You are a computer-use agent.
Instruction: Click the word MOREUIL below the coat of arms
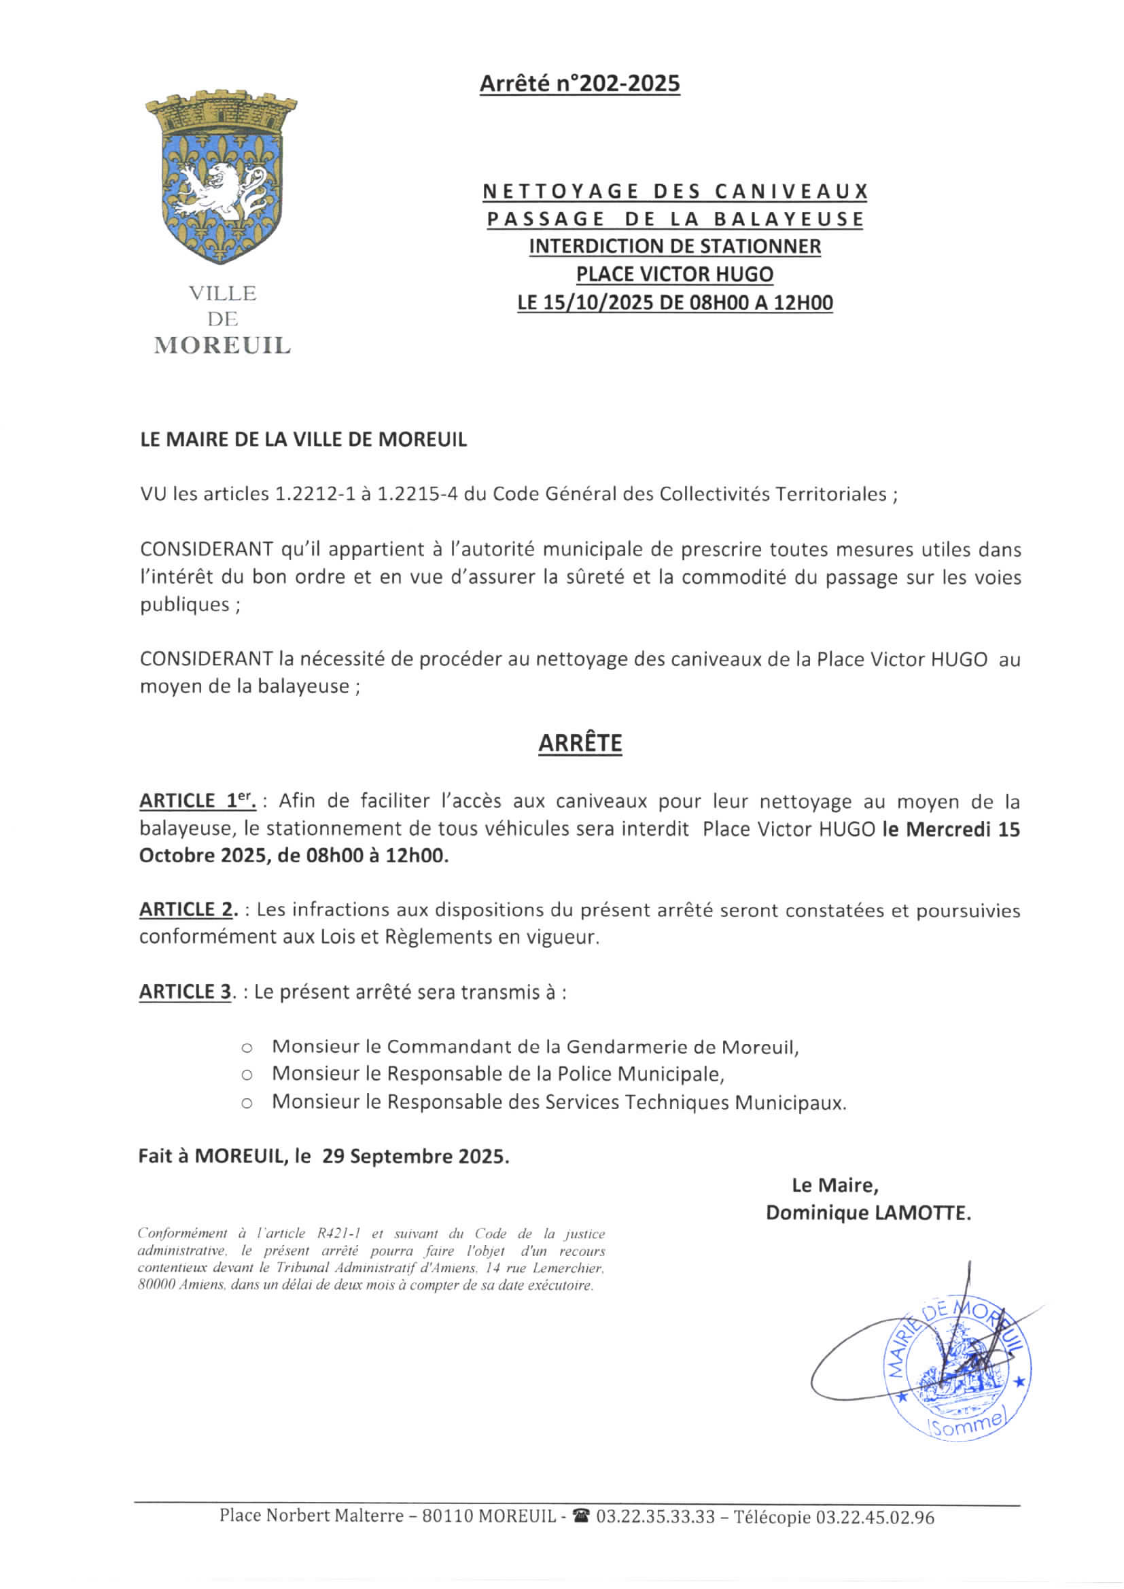222,345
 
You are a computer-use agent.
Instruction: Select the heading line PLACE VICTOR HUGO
675,275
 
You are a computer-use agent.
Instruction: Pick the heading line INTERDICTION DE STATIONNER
675,247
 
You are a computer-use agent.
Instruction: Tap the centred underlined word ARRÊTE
580,744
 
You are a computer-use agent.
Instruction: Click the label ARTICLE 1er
197,801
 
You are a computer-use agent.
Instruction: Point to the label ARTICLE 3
186,992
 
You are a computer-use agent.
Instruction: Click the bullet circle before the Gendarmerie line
247,1048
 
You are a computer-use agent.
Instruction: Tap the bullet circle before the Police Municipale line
247,1075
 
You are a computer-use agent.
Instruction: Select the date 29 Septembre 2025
415,1157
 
